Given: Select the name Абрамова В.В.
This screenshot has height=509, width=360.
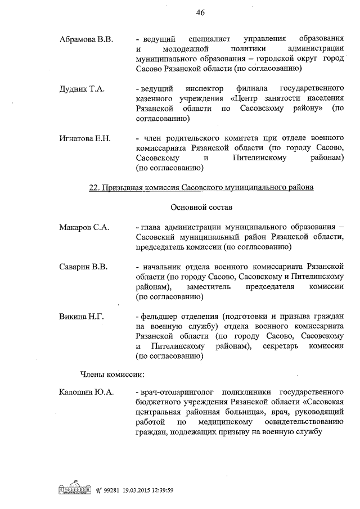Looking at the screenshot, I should click(87, 39).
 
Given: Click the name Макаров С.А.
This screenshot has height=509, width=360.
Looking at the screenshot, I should click(84, 227).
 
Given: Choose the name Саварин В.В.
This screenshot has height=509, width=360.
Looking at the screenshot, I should click(83, 266).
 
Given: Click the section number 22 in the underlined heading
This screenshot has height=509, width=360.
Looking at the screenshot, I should click(94, 188).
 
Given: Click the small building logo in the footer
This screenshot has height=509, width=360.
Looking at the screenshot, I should click(75, 489).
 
